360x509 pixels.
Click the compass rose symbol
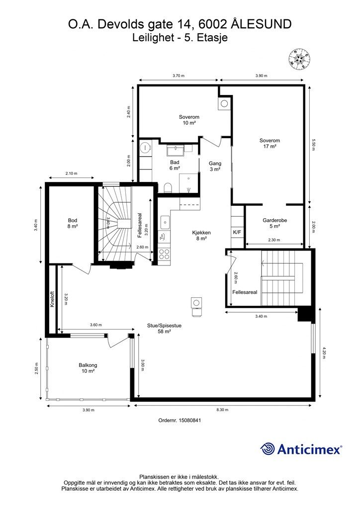click(x=300, y=59)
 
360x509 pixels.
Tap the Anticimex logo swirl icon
click(x=268, y=449)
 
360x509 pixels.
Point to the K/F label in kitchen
click(x=237, y=232)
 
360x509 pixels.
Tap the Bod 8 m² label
click(x=73, y=223)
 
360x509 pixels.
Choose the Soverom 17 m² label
click(x=270, y=143)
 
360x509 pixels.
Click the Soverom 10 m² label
click(x=189, y=120)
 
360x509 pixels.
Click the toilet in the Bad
click(x=168, y=187)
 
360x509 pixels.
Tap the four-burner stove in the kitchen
click(x=165, y=254)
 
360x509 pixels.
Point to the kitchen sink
click(x=165, y=222)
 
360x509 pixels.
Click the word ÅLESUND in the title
click(x=261, y=24)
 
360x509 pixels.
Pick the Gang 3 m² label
click(x=215, y=167)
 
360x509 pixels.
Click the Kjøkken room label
click(x=202, y=235)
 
